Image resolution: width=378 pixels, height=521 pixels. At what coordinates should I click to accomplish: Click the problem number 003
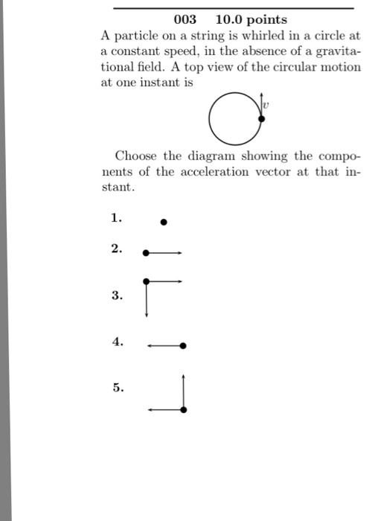(x=185, y=20)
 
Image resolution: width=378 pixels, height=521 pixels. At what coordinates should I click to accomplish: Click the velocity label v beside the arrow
(x=265, y=105)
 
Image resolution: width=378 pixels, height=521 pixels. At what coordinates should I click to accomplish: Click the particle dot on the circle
(x=260, y=118)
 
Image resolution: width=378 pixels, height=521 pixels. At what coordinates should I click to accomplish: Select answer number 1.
(x=115, y=218)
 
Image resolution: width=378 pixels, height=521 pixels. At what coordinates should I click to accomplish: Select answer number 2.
(x=115, y=249)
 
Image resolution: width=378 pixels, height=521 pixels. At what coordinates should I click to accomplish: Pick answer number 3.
(x=115, y=295)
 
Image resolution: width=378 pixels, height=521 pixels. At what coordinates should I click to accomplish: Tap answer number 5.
(x=115, y=387)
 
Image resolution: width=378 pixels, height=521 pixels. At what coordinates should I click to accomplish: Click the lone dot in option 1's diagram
(x=164, y=222)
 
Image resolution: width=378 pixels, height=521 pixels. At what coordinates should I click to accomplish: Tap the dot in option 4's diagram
(x=183, y=346)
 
